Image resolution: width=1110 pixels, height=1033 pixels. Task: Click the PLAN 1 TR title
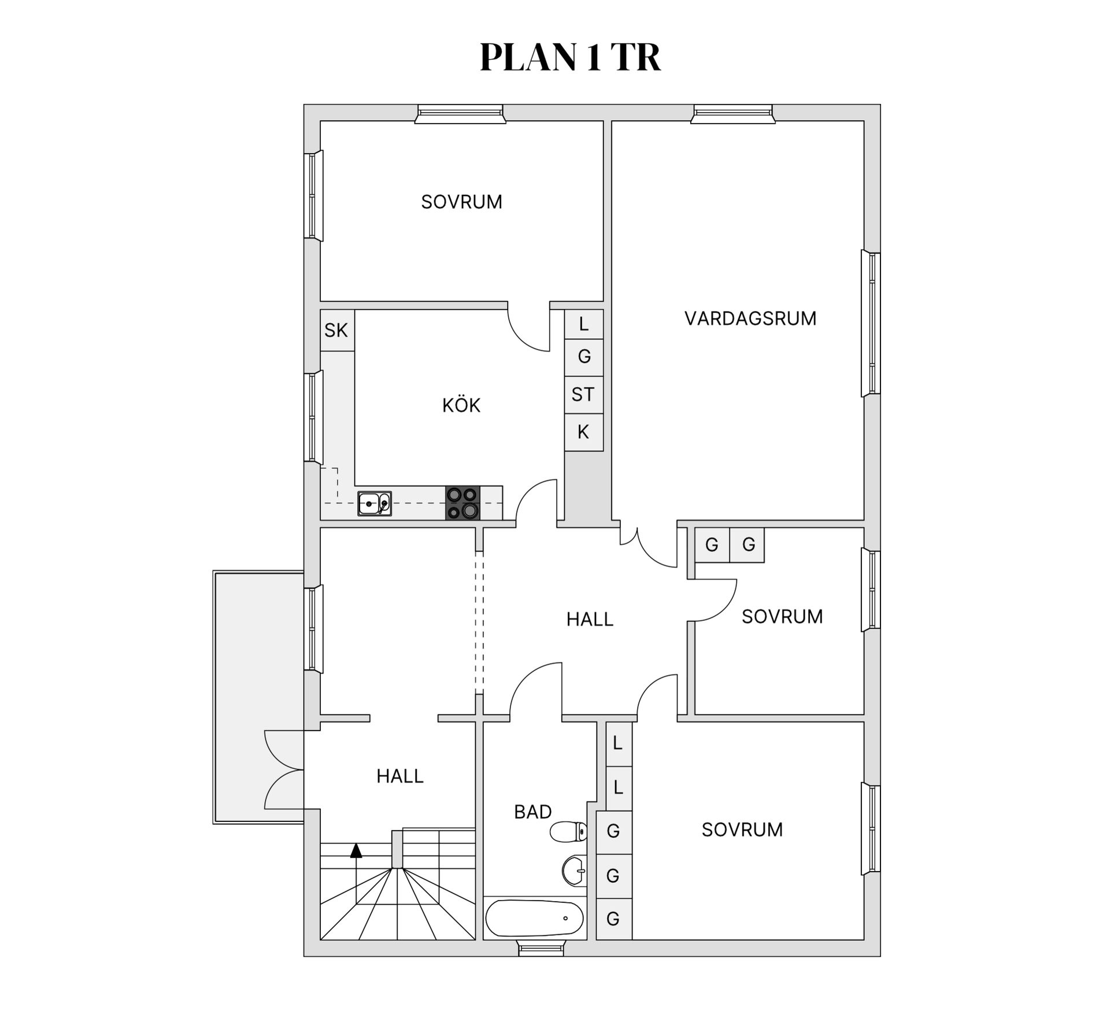click(570, 57)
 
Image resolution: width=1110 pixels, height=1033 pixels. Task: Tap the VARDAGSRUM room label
click(750, 319)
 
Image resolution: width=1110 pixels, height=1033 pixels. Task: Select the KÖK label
click(461, 406)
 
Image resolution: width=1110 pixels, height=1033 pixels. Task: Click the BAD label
click(532, 812)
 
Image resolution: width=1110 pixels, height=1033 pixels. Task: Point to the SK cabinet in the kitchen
click(337, 330)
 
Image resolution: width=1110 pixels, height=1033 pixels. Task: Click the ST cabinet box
click(583, 394)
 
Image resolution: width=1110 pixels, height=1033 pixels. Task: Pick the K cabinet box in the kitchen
click(583, 432)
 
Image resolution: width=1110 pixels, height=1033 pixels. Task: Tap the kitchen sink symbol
click(375, 503)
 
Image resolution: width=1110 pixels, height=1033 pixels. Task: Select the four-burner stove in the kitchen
click(462, 503)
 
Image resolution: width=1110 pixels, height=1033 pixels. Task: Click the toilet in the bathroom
click(568, 832)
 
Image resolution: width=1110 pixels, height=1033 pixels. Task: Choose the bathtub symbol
click(534, 918)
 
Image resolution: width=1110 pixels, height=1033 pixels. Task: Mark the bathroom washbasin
click(574, 871)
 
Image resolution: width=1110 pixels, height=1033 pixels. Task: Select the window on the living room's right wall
click(871, 324)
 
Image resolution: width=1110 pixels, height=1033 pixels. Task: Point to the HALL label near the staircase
click(399, 776)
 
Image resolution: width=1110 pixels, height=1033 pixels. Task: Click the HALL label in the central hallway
click(589, 620)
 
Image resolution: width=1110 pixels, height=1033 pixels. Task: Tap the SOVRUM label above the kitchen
click(461, 202)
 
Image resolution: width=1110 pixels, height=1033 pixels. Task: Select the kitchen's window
click(313, 416)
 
